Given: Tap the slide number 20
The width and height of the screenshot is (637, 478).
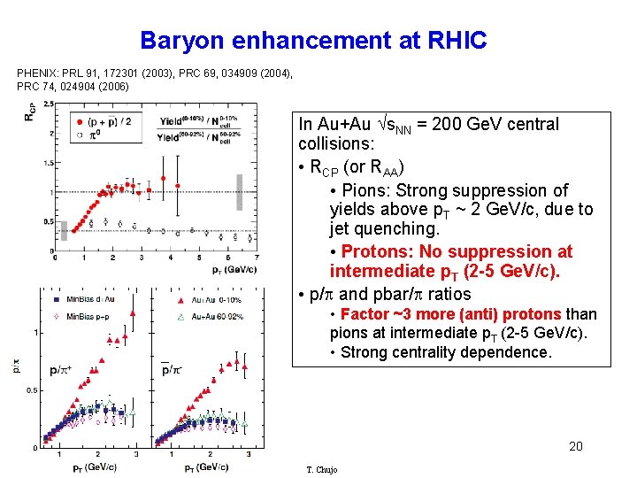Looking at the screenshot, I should [x=575, y=446].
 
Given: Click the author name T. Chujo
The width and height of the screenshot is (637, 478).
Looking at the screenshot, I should [x=320, y=469].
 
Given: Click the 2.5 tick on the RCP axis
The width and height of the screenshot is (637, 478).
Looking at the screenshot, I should [x=47, y=104].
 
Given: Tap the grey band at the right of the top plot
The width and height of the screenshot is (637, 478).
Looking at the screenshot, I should [x=238, y=192].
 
